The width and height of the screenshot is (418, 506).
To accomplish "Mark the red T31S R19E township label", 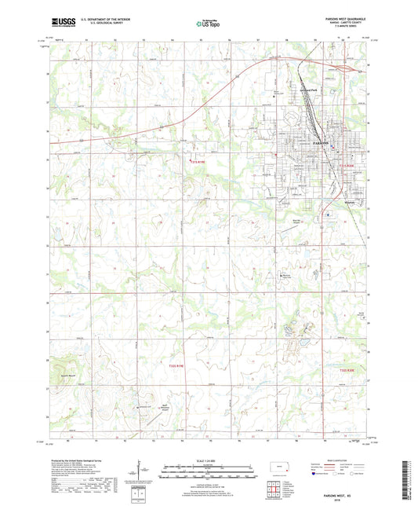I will pyautogui.click(x=202, y=163).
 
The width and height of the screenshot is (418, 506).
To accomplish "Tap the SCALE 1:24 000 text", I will pyautogui.click(x=208, y=460).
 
